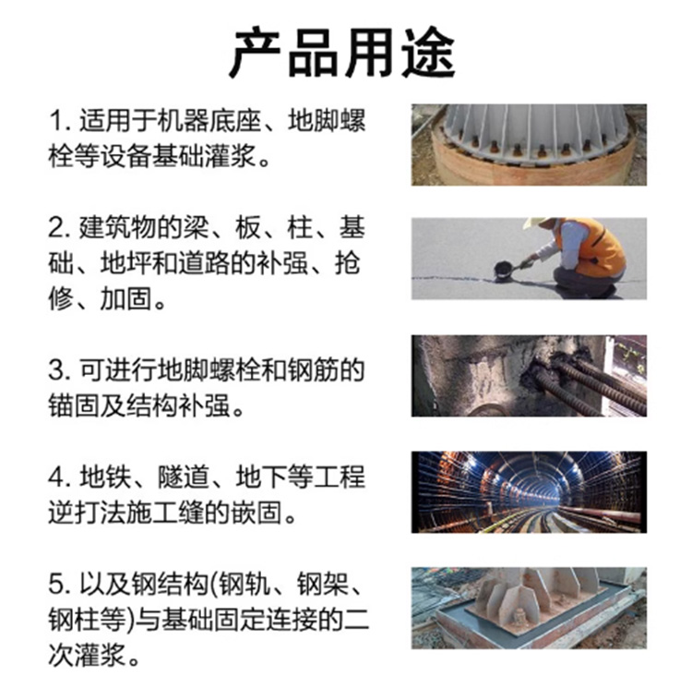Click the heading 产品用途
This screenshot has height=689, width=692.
342,53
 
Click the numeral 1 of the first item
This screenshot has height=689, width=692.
55,121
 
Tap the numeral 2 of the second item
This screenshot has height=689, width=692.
56,228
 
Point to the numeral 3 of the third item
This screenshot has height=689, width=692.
56,370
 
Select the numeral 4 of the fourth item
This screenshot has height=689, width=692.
56,477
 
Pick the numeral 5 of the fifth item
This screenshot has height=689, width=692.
56,585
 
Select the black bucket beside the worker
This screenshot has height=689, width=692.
503,272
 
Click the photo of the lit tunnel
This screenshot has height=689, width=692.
530,492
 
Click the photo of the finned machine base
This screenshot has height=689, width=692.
530,145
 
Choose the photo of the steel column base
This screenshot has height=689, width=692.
530,608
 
